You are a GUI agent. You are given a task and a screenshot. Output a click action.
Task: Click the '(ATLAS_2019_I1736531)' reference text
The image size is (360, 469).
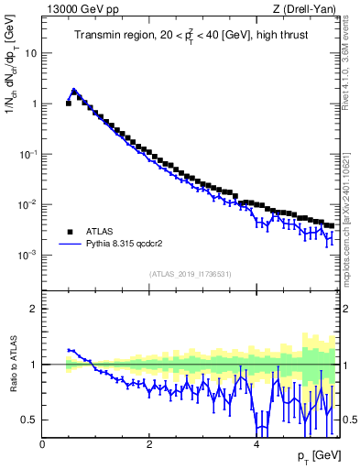coord(190,274)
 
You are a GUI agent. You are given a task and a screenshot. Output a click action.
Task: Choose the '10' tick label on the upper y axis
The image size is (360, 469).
coord(31,53)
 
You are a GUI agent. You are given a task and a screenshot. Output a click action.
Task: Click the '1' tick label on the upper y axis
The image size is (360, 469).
coord(34,104)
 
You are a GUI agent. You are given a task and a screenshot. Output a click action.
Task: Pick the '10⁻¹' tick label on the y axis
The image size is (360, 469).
coord(29,154)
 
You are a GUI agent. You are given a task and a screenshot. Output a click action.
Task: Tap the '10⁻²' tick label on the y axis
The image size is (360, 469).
coord(29,204)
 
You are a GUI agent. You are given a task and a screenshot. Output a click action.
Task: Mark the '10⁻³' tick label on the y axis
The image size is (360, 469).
coord(29,255)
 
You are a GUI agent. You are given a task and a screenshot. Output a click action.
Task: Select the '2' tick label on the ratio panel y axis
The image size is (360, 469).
coord(34,309)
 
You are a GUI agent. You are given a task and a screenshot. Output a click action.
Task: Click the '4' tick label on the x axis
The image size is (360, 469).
coord(256,444)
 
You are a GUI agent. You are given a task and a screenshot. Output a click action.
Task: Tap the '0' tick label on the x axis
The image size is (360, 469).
coord(43,444)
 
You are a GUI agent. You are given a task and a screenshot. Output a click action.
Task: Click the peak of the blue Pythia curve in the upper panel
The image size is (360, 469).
coord(74,90)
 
